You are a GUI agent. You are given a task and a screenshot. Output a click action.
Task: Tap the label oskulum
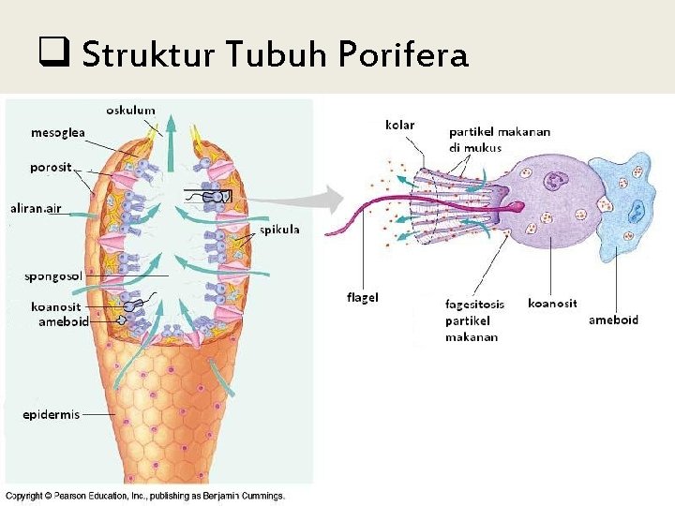click(130, 111)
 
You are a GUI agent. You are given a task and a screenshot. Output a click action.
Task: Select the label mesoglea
click(58, 132)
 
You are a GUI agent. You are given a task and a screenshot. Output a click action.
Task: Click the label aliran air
click(37, 208)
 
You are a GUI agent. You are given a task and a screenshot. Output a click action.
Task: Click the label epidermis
click(52, 415)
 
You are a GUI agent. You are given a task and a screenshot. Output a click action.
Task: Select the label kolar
click(400, 124)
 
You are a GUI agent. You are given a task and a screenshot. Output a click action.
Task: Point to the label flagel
click(363, 298)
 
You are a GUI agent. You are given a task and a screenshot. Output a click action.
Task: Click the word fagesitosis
click(475, 304)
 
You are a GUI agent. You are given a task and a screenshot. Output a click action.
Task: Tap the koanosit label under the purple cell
click(552, 303)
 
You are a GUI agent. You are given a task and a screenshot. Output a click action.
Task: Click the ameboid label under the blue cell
click(613, 320)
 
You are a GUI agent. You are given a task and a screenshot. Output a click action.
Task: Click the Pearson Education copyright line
click(145, 496)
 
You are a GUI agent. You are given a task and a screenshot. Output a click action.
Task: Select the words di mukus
click(474, 147)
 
